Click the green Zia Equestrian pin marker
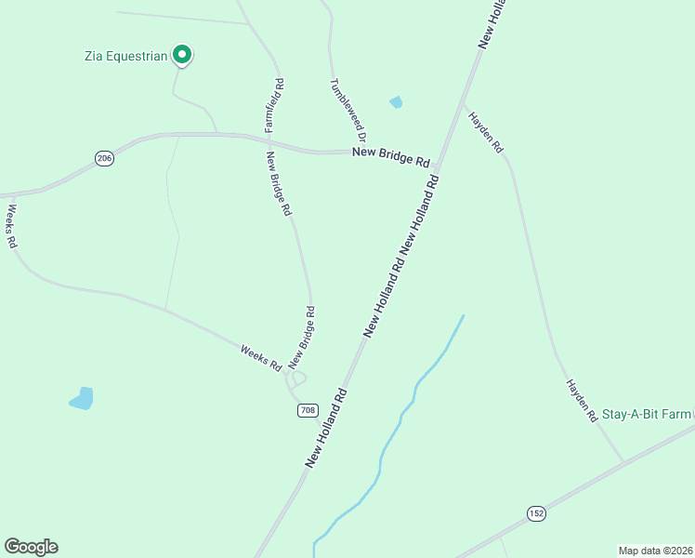point(183,56)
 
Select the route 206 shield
point(104,159)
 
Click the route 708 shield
point(308,410)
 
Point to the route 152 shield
point(536,513)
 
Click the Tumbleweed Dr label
point(349,108)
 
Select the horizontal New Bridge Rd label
point(390,157)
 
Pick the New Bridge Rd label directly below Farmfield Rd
point(279,184)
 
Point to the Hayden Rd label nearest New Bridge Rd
point(485,133)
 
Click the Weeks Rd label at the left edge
point(11,225)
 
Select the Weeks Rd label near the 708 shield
point(260,358)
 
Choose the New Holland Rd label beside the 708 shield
point(327,427)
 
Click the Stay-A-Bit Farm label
point(648,413)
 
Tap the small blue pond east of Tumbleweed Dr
point(397,102)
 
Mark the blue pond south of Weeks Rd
point(83,399)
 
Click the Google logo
point(31,547)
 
